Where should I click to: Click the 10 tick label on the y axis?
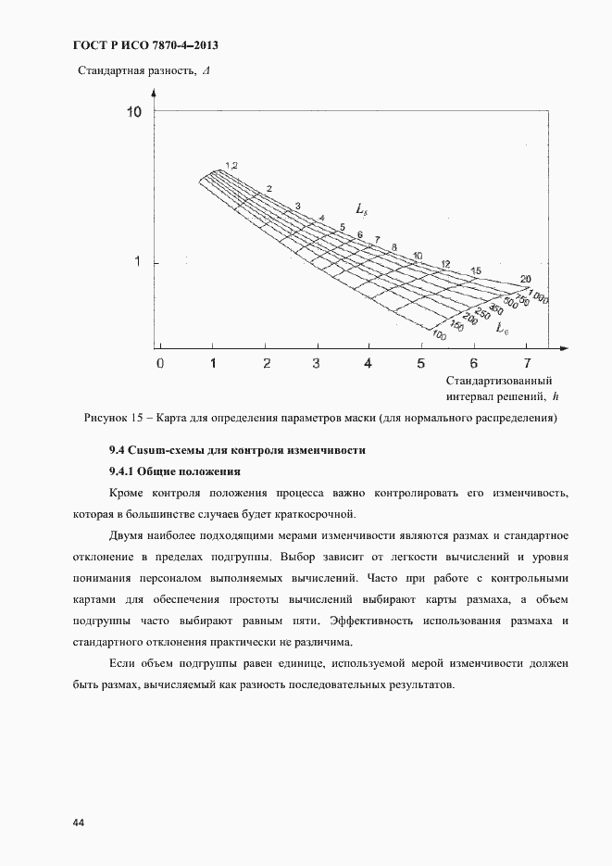pos(132,112)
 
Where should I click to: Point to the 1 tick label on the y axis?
pos(137,263)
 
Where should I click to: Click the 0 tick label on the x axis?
pos(160,363)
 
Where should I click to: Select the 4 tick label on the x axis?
pos(368,363)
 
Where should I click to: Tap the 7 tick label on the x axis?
pos(528,363)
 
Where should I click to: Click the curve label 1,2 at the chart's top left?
pos(231,165)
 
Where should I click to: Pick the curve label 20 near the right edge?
pos(525,279)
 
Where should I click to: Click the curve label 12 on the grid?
pos(445,265)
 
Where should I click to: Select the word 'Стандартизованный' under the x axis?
pos(499,381)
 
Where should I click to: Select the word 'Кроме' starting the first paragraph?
pos(127,493)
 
